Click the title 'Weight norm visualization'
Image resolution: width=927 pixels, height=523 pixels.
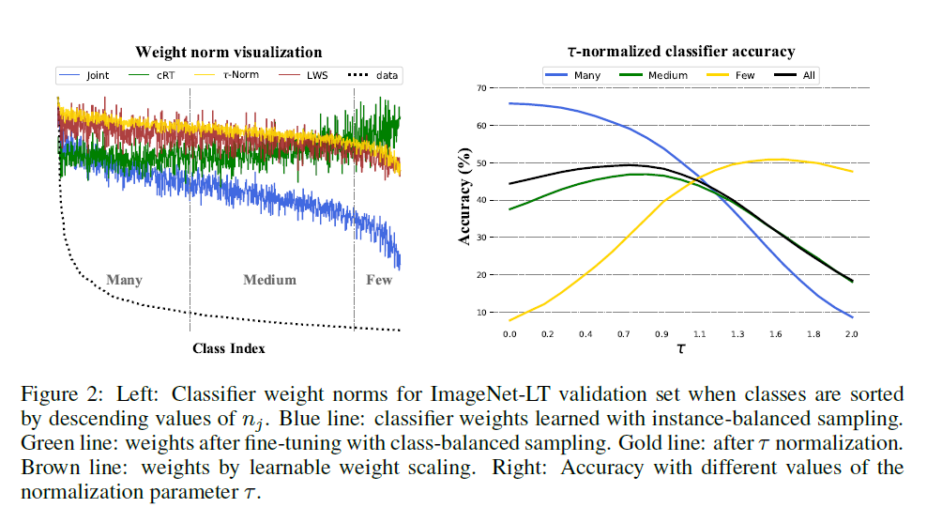point(229,53)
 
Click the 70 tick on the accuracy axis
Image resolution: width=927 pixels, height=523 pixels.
point(482,88)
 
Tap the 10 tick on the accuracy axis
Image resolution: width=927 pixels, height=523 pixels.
point(482,313)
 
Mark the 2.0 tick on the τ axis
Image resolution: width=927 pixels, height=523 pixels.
point(852,333)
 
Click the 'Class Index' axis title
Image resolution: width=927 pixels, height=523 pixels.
point(229,348)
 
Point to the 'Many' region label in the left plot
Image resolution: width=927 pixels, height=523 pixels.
point(125,280)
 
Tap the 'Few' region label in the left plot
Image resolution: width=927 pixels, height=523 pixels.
point(379,280)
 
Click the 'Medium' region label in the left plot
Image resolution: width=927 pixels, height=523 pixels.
point(269,280)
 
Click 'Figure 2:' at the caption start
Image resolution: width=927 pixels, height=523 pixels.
point(55,393)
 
